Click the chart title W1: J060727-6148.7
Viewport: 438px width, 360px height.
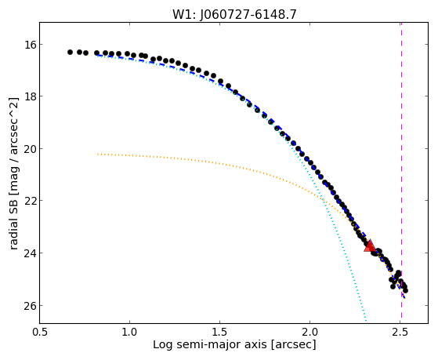234,14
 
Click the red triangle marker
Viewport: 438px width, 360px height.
370,245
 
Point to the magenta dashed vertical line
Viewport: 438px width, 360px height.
401,173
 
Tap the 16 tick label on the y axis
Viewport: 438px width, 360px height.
30,44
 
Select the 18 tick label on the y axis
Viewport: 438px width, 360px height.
30,96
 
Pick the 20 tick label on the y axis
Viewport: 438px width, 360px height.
30,148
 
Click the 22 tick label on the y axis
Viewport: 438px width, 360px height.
30,201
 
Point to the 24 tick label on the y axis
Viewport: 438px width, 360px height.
30,253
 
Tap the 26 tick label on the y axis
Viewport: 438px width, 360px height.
30,305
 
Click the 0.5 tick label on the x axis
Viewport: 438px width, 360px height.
39,333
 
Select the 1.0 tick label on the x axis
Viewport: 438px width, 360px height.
129,333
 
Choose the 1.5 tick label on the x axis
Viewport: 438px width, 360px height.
220,333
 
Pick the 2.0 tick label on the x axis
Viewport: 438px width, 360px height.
310,333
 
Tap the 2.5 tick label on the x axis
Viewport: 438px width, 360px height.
400,333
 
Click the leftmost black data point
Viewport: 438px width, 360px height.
70,52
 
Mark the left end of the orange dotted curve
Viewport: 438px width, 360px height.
97,155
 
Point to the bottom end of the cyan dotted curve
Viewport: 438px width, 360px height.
366,320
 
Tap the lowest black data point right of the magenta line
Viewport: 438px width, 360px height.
405,291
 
